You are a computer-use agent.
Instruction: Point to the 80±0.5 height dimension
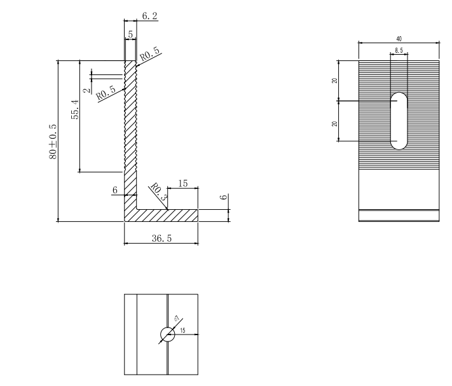(x=53, y=142)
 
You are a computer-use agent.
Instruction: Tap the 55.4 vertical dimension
(x=75, y=110)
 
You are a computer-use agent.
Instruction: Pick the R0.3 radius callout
(x=158, y=193)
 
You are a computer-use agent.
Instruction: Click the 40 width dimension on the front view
(x=399, y=39)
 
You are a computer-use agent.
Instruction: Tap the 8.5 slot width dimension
(x=399, y=49)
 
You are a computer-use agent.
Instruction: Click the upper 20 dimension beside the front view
(x=333, y=80)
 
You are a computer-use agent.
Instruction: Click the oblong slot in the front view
(x=399, y=121)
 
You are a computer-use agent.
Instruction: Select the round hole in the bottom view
(x=167, y=334)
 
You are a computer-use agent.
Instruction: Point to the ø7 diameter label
(x=175, y=320)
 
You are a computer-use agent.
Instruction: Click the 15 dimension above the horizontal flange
(x=182, y=184)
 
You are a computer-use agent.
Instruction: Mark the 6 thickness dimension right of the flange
(x=223, y=198)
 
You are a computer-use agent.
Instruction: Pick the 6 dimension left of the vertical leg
(x=115, y=190)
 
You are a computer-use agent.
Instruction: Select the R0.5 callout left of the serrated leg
(x=107, y=93)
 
